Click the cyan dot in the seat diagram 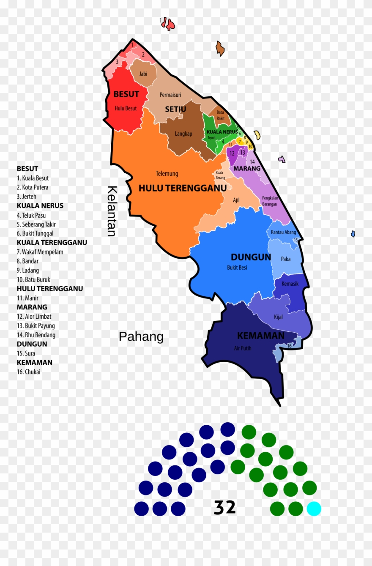coord(314,509)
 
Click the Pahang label coord(141,337)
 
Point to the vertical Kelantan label coord(112,211)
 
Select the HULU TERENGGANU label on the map coord(182,188)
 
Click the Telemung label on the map coord(167,174)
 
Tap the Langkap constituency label coord(183,134)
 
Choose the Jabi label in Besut coord(143,74)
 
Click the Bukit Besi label coord(237,268)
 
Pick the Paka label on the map coord(286,259)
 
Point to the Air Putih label coord(242,348)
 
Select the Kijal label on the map coord(278,317)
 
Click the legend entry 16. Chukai coord(29,372)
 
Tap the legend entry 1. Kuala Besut coord(33,178)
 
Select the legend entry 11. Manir coord(27,298)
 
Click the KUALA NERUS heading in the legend coord(40,206)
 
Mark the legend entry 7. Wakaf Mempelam coord(40,252)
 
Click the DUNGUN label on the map coord(251,257)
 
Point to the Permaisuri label coord(170,95)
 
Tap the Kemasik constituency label coord(290,284)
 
